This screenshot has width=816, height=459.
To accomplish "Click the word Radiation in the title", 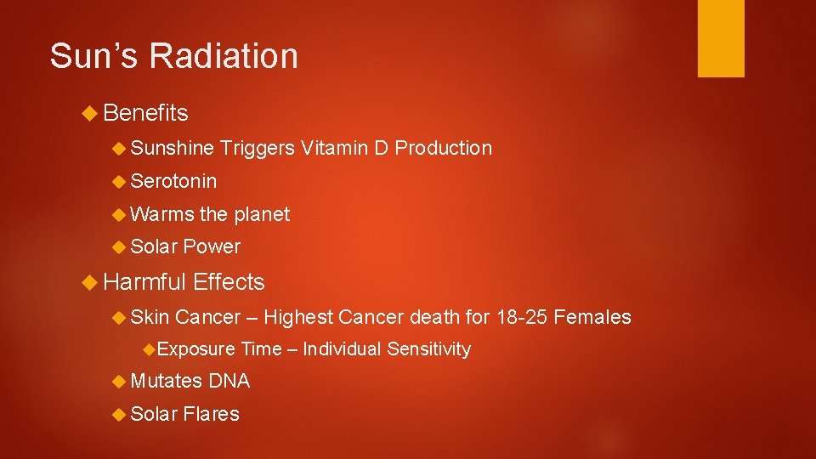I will [x=224, y=56].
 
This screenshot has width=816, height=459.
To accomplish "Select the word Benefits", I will [x=146, y=113].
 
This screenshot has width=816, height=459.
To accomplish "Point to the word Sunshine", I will [x=173, y=148].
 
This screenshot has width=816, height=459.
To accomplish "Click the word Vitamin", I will [x=332, y=148].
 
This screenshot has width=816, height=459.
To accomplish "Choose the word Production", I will [x=444, y=148].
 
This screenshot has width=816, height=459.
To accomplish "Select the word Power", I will [x=212, y=247].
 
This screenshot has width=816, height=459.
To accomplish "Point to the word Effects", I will [x=229, y=282].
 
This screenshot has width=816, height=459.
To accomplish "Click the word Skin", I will [x=150, y=317].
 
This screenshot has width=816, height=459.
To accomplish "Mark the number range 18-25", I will [x=520, y=317].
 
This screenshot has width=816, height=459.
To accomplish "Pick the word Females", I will [x=592, y=317].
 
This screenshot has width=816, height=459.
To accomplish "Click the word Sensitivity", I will [x=428, y=349].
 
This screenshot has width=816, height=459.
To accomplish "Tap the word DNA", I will [x=229, y=381].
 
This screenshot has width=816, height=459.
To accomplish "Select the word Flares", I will [x=212, y=414].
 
